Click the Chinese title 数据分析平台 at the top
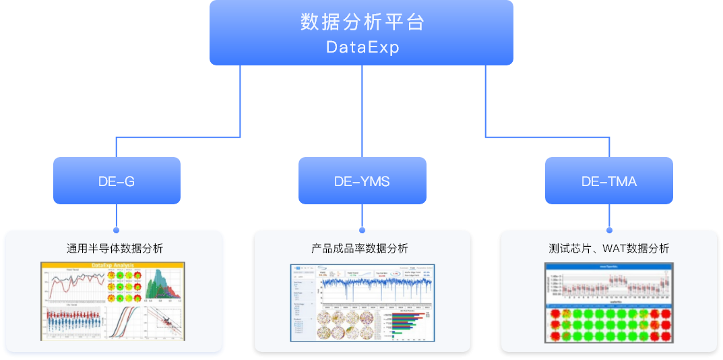(362, 22)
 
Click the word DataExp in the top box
(362, 47)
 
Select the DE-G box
(117, 181)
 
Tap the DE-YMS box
(362, 181)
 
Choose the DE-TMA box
(608, 181)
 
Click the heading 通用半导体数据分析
(115, 248)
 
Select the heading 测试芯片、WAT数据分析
(608, 248)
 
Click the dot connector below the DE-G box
(117, 229)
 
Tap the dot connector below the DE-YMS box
(363, 229)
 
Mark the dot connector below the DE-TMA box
(609, 229)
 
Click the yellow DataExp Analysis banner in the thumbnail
(113, 265)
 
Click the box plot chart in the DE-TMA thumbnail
(608, 284)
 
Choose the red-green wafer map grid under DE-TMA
(608, 324)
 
